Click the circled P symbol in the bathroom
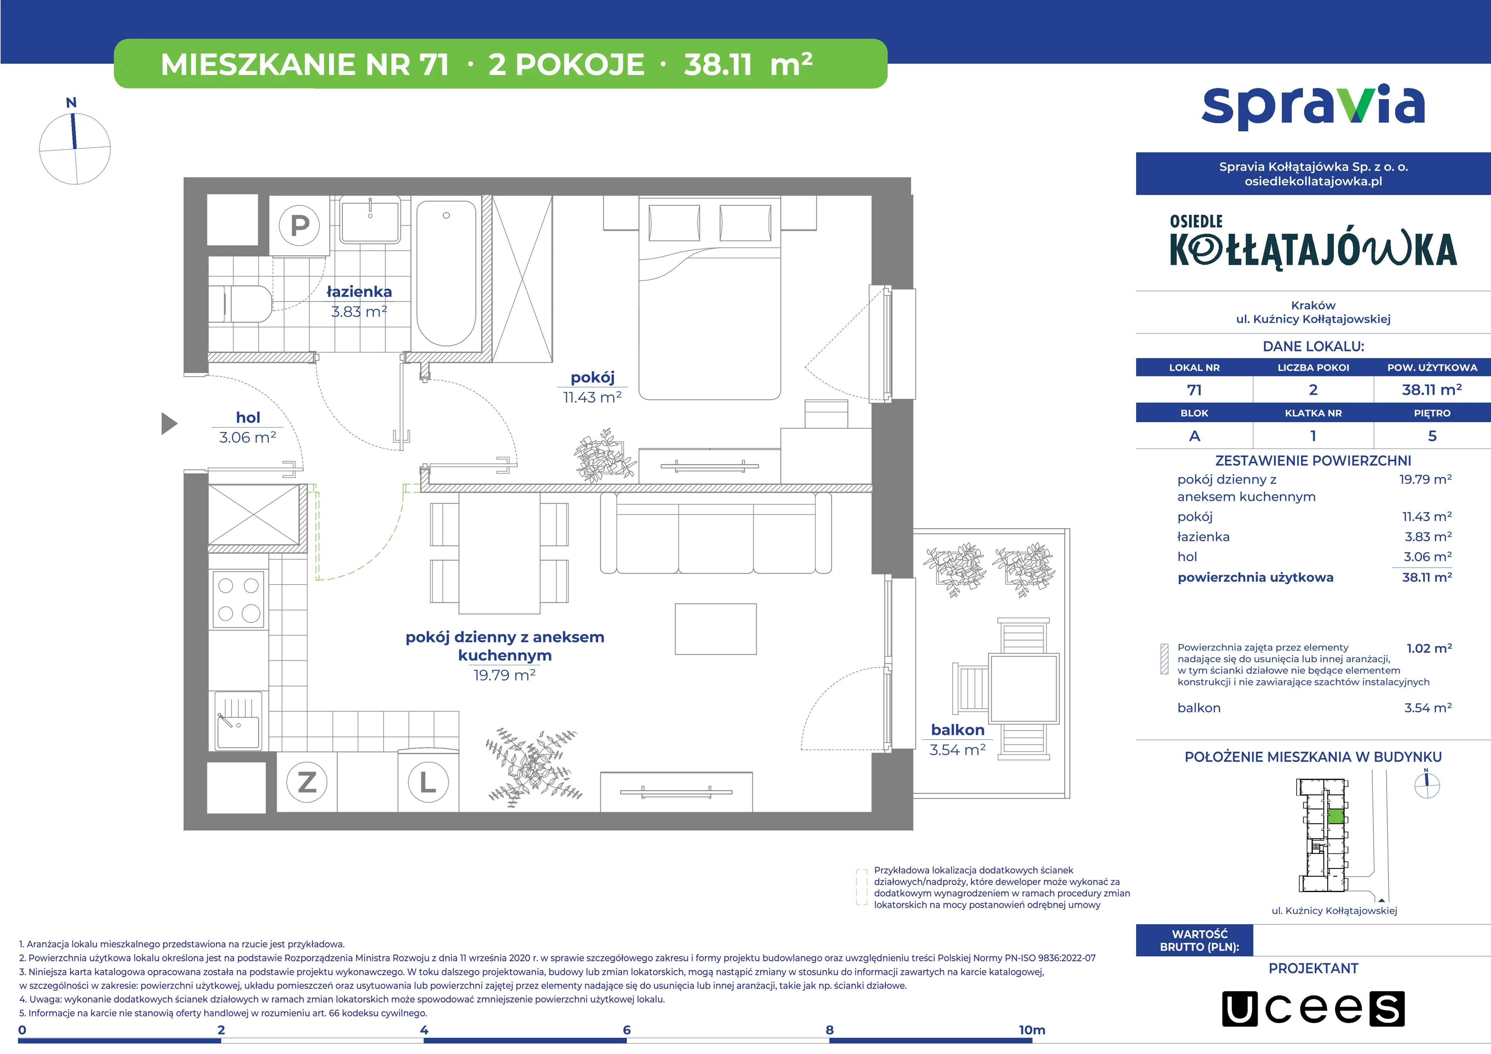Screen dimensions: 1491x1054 point(299,225)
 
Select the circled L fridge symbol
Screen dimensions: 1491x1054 point(428,782)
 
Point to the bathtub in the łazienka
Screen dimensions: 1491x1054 point(446,273)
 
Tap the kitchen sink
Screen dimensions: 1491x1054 point(238,721)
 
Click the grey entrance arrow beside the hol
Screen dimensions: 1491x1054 point(169,423)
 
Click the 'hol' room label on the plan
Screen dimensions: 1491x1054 point(248,417)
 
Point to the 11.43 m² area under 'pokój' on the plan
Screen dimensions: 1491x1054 point(592,397)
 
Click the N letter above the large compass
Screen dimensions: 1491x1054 point(71,103)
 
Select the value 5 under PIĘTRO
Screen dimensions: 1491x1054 point(1432,436)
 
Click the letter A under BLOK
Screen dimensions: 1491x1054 point(1194,436)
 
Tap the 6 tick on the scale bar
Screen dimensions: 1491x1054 point(627,1030)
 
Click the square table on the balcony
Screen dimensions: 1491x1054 point(1024,689)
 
